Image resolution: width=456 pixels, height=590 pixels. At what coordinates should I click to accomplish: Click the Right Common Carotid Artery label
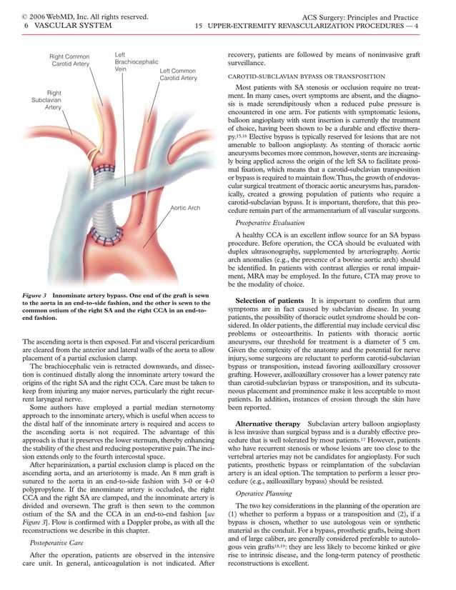pyautogui.click(x=69, y=60)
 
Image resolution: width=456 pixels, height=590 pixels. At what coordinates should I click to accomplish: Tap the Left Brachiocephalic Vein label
pyautogui.click(x=136, y=62)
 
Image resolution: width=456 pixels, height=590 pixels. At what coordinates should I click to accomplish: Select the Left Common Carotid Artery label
pyautogui.click(x=178, y=74)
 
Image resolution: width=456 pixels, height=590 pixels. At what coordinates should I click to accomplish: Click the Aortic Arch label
pyautogui.click(x=185, y=208)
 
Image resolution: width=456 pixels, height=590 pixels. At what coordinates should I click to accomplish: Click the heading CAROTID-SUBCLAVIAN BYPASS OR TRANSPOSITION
pyautogui.click(x=306, y=76)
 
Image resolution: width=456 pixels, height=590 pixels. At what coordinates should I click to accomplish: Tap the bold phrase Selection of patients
pyautogui.click(x=269, y=319)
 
